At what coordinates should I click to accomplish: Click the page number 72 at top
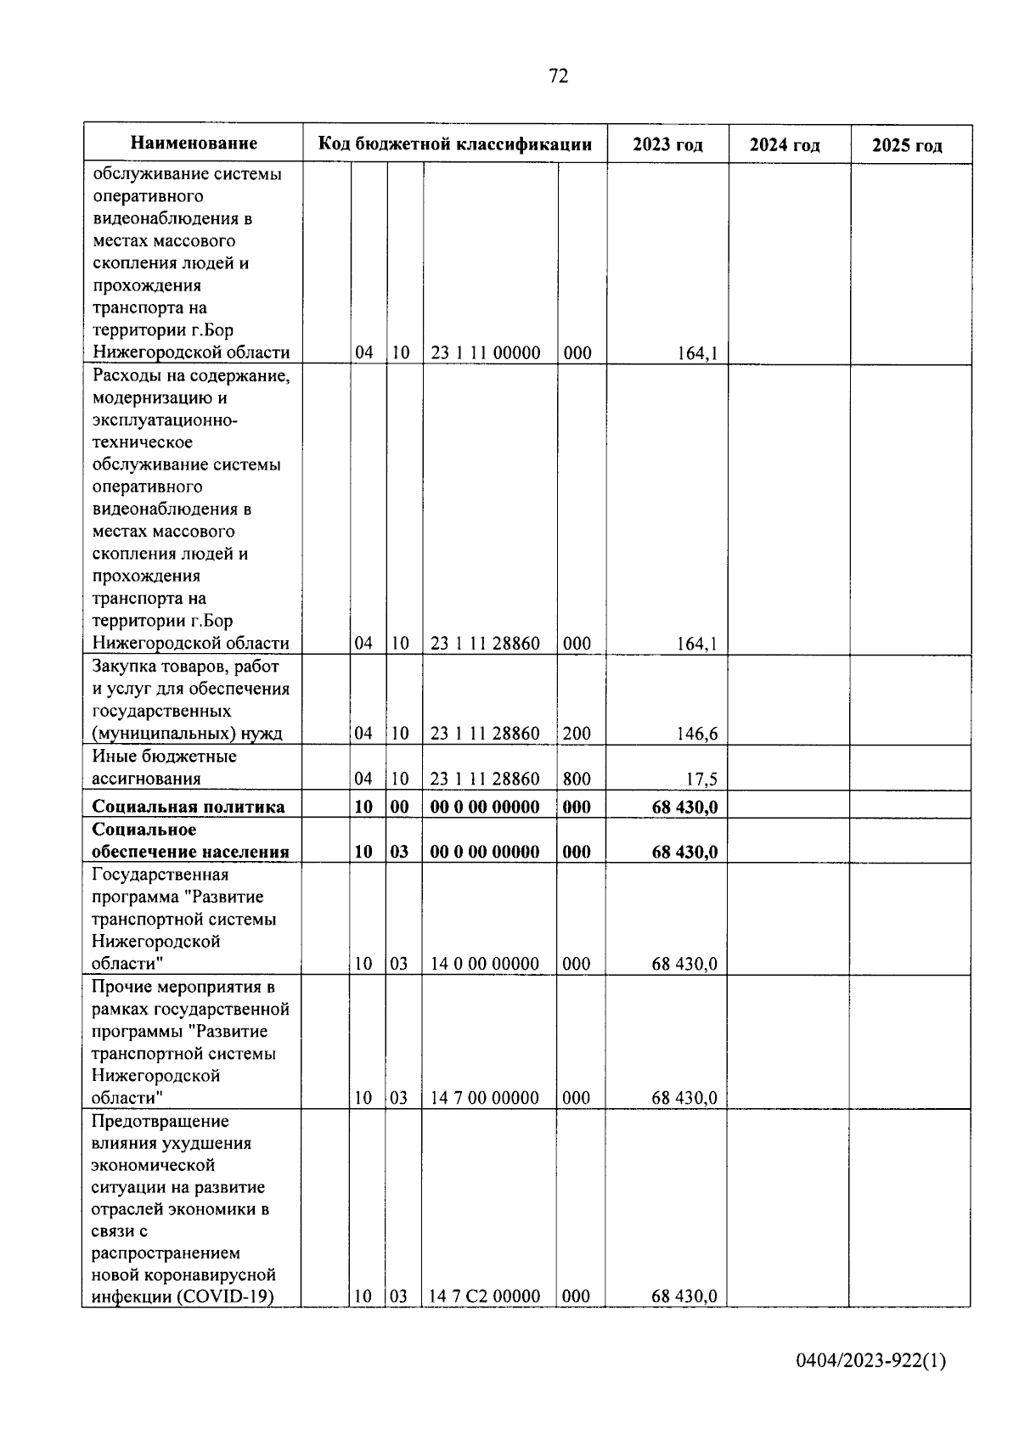(558, 76)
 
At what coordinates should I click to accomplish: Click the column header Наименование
(194, 144)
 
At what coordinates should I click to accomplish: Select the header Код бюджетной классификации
(454, 144)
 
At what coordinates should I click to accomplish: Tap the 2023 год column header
(667, 144)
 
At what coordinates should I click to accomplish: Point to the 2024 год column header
(785, 145)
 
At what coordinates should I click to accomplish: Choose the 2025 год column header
(907, 145)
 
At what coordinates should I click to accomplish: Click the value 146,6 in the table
(696, 734)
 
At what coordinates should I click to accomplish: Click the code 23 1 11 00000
(485, 352)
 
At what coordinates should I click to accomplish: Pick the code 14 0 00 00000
(485, 963)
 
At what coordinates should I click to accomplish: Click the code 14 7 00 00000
(485, 1097)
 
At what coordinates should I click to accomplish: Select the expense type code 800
(577, 779)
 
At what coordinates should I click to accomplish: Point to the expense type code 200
(577, 733)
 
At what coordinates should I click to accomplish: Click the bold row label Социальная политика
(188, 807)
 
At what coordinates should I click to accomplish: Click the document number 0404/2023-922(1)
(870, 1361)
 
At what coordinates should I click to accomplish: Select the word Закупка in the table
(127, 667)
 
